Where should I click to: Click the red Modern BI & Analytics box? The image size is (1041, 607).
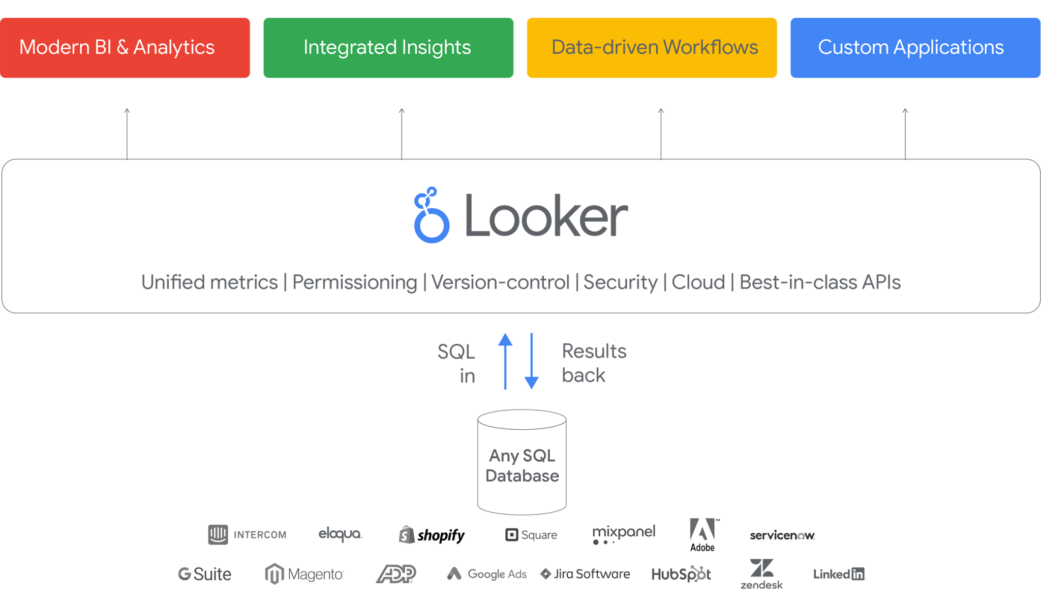(x=125, y=48)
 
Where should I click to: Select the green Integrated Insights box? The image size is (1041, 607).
(x=388, y=48)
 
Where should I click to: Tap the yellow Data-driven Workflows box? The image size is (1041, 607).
(x=652, y=48)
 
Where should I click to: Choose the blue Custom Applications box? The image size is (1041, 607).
(x=914, y=48)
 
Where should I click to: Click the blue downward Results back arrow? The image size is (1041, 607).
(x=531, y=361)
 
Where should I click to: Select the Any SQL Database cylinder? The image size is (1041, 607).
(x=522, y=462)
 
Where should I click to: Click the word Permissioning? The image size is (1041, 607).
(x=354, y=282)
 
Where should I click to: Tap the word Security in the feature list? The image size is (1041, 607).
(x=620, y=282)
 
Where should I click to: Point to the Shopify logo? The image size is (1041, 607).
(x=432, y=535)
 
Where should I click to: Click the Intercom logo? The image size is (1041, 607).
(x=247, y=534)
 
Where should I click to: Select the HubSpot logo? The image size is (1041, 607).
(x=681, y=574)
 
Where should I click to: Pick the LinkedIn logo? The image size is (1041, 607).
(x=840, y=574)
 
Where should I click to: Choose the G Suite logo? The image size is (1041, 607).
(x=204, y=574)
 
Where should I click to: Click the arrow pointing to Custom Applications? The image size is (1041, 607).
(x=905, y=134)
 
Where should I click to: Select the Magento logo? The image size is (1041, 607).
(x=304, y=574)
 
